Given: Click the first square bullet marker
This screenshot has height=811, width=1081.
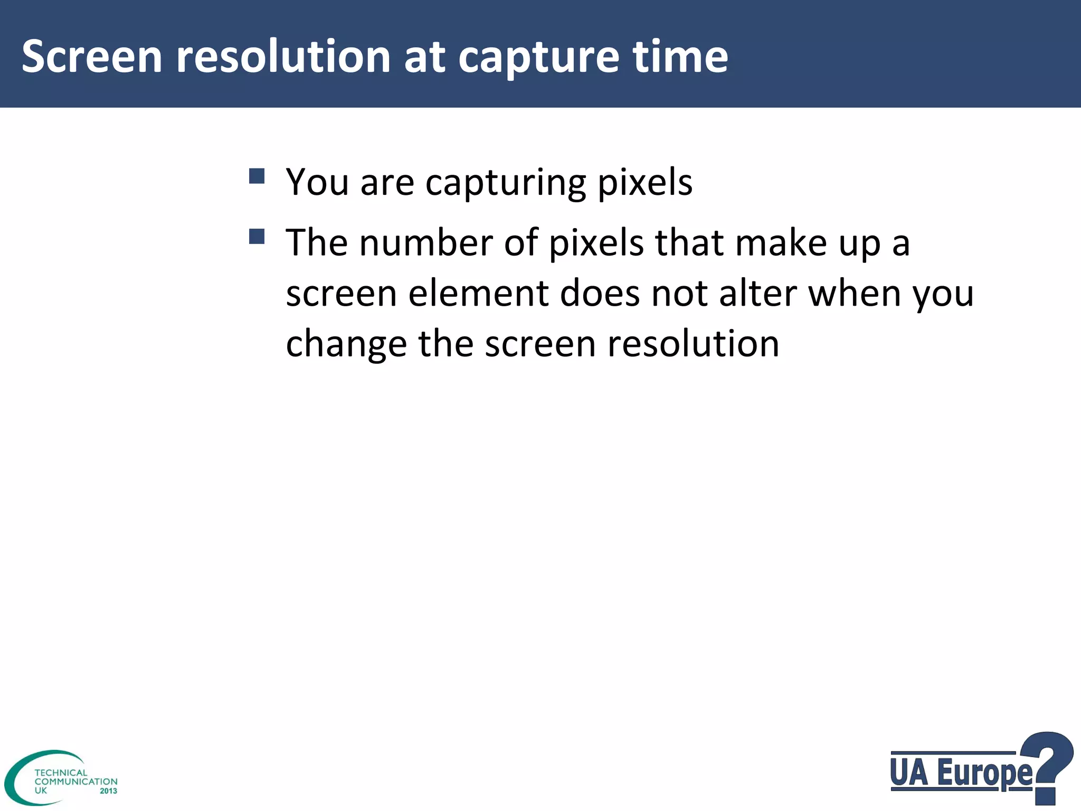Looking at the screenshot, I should point(257,176).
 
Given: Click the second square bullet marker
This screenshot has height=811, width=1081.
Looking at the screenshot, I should point(257,236).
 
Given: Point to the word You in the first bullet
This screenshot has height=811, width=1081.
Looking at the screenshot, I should point(317,182).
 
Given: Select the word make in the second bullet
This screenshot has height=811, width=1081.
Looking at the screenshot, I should point(781,243).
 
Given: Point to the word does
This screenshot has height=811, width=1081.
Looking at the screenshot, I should point(600,294).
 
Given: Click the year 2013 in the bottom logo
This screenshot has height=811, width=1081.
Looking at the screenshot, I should point(108,791).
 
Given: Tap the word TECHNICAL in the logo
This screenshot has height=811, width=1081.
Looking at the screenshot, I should point(61,772).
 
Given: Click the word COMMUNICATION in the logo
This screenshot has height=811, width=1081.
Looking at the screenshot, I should point(76,781).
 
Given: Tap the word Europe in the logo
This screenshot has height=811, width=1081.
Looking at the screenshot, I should point(984,774).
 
